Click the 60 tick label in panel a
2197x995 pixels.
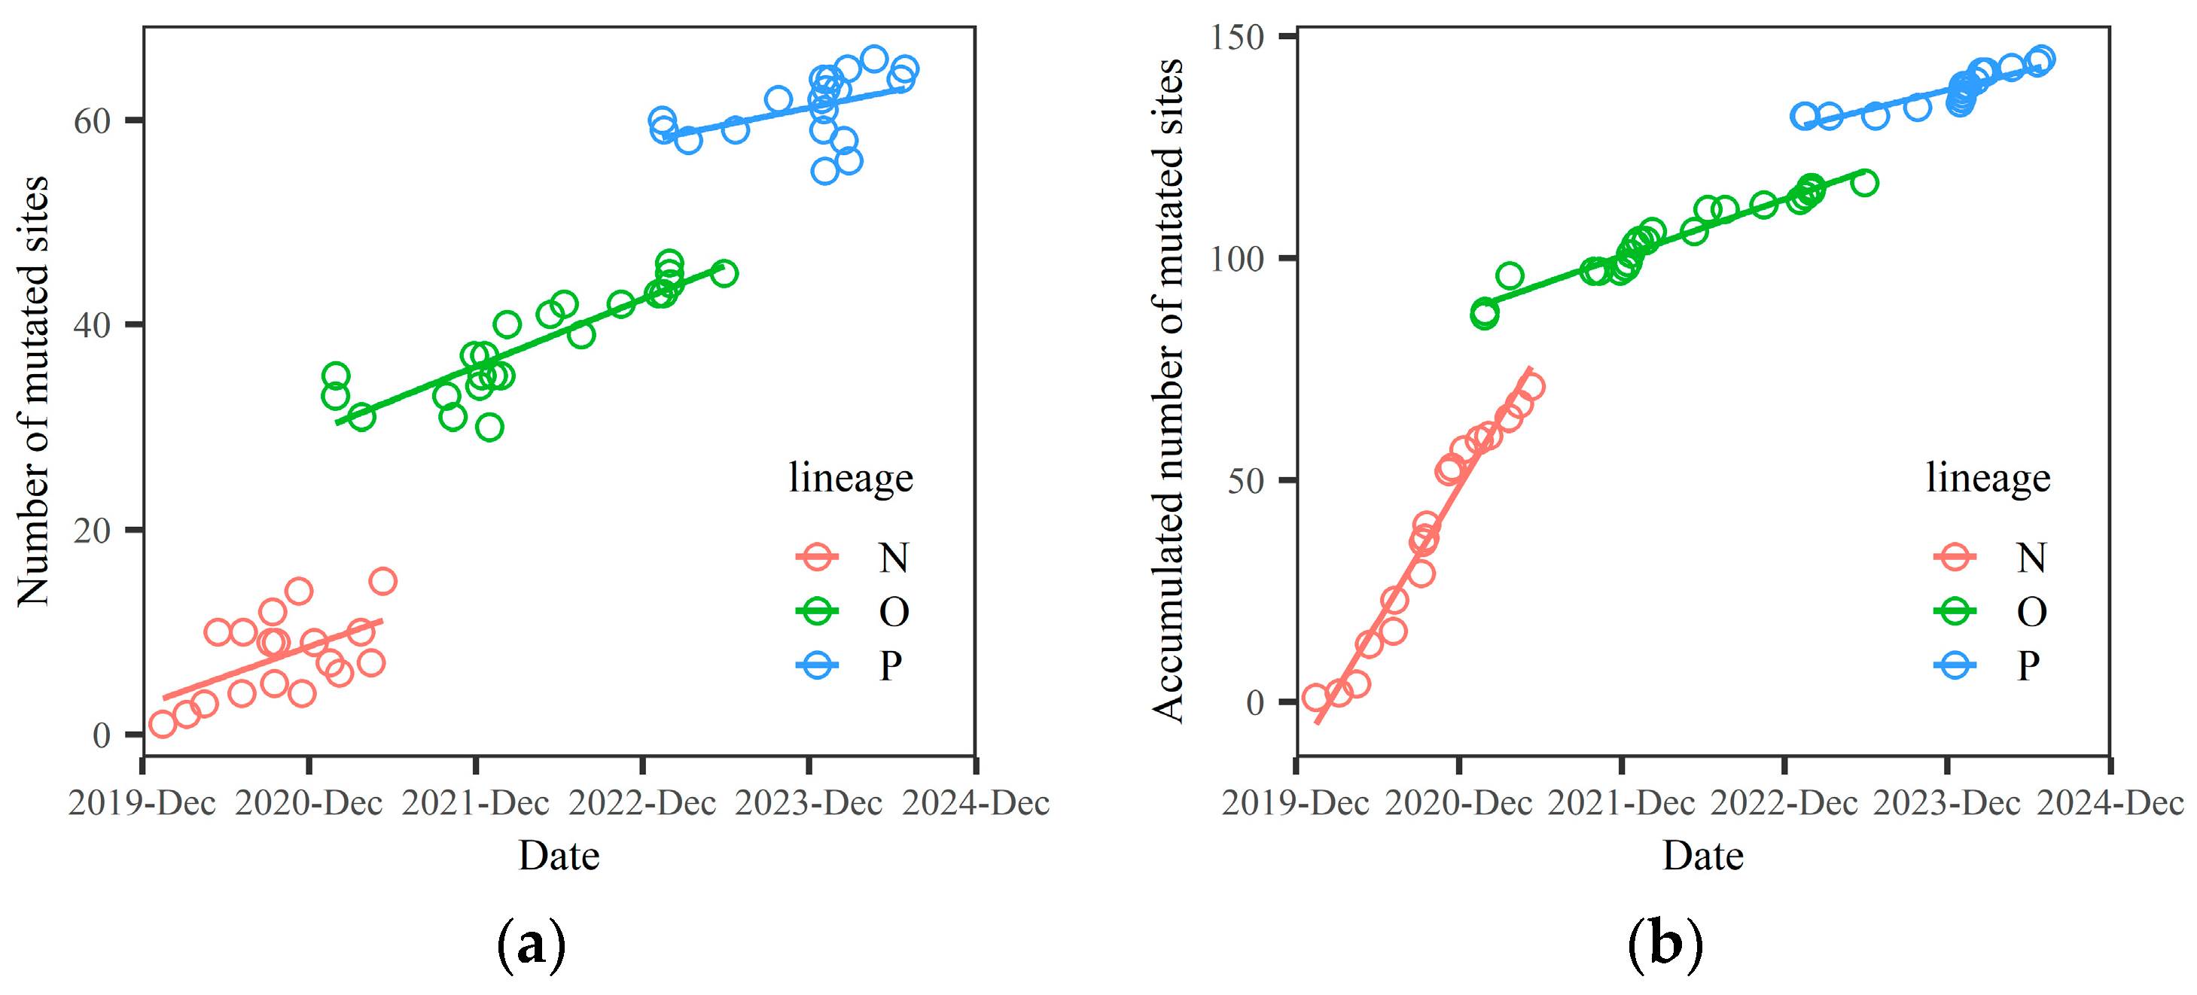pos(92,121)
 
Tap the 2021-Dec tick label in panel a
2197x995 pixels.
pos(475,803)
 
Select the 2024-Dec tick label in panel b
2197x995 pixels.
pos(2109,803)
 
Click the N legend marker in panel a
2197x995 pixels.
pos(817,558)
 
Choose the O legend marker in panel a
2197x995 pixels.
pos(817,611)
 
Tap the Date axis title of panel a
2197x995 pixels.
pos(559,855)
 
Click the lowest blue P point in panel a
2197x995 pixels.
pos(824,172)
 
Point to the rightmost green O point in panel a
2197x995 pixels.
pos(724,274)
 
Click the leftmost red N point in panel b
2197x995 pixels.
pos(1316,698)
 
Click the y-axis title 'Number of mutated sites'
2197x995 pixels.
pos(34,391)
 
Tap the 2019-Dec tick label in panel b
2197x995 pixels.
pos(1295,803)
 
